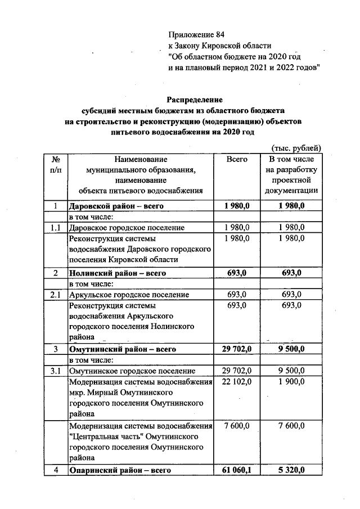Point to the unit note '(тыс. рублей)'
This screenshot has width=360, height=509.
296,148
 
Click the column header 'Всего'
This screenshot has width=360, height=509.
237,160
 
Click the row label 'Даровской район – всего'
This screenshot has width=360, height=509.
116,206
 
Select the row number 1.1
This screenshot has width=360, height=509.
56,228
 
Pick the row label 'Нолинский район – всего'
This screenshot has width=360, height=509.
116,273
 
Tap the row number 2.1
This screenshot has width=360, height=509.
56,295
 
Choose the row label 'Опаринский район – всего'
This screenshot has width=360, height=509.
119,470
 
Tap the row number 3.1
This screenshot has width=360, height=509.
56,371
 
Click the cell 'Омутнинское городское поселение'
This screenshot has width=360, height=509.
132,371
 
